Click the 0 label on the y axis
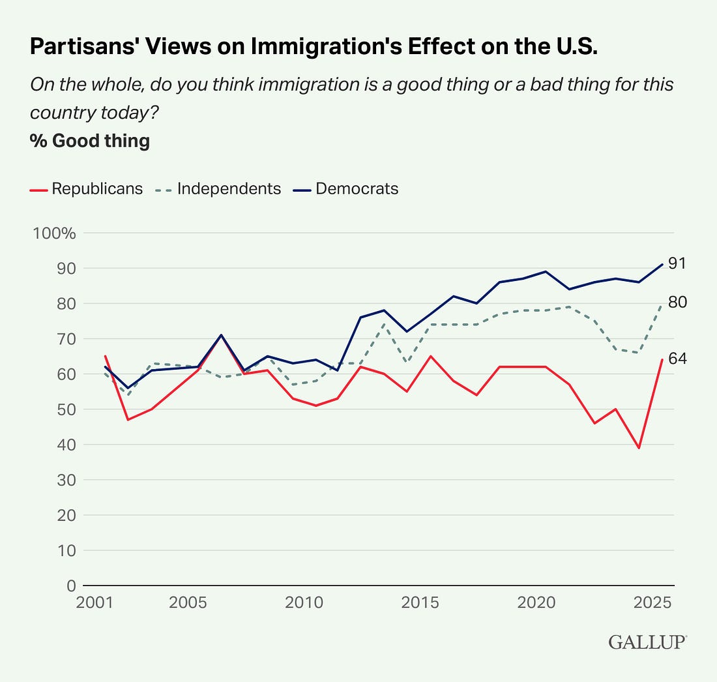point(70,586)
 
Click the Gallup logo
point(647,642)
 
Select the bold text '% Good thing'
point(90,141)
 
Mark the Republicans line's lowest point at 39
point(639,448)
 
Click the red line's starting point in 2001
point(105,356)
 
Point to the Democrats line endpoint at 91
point(662,264)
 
